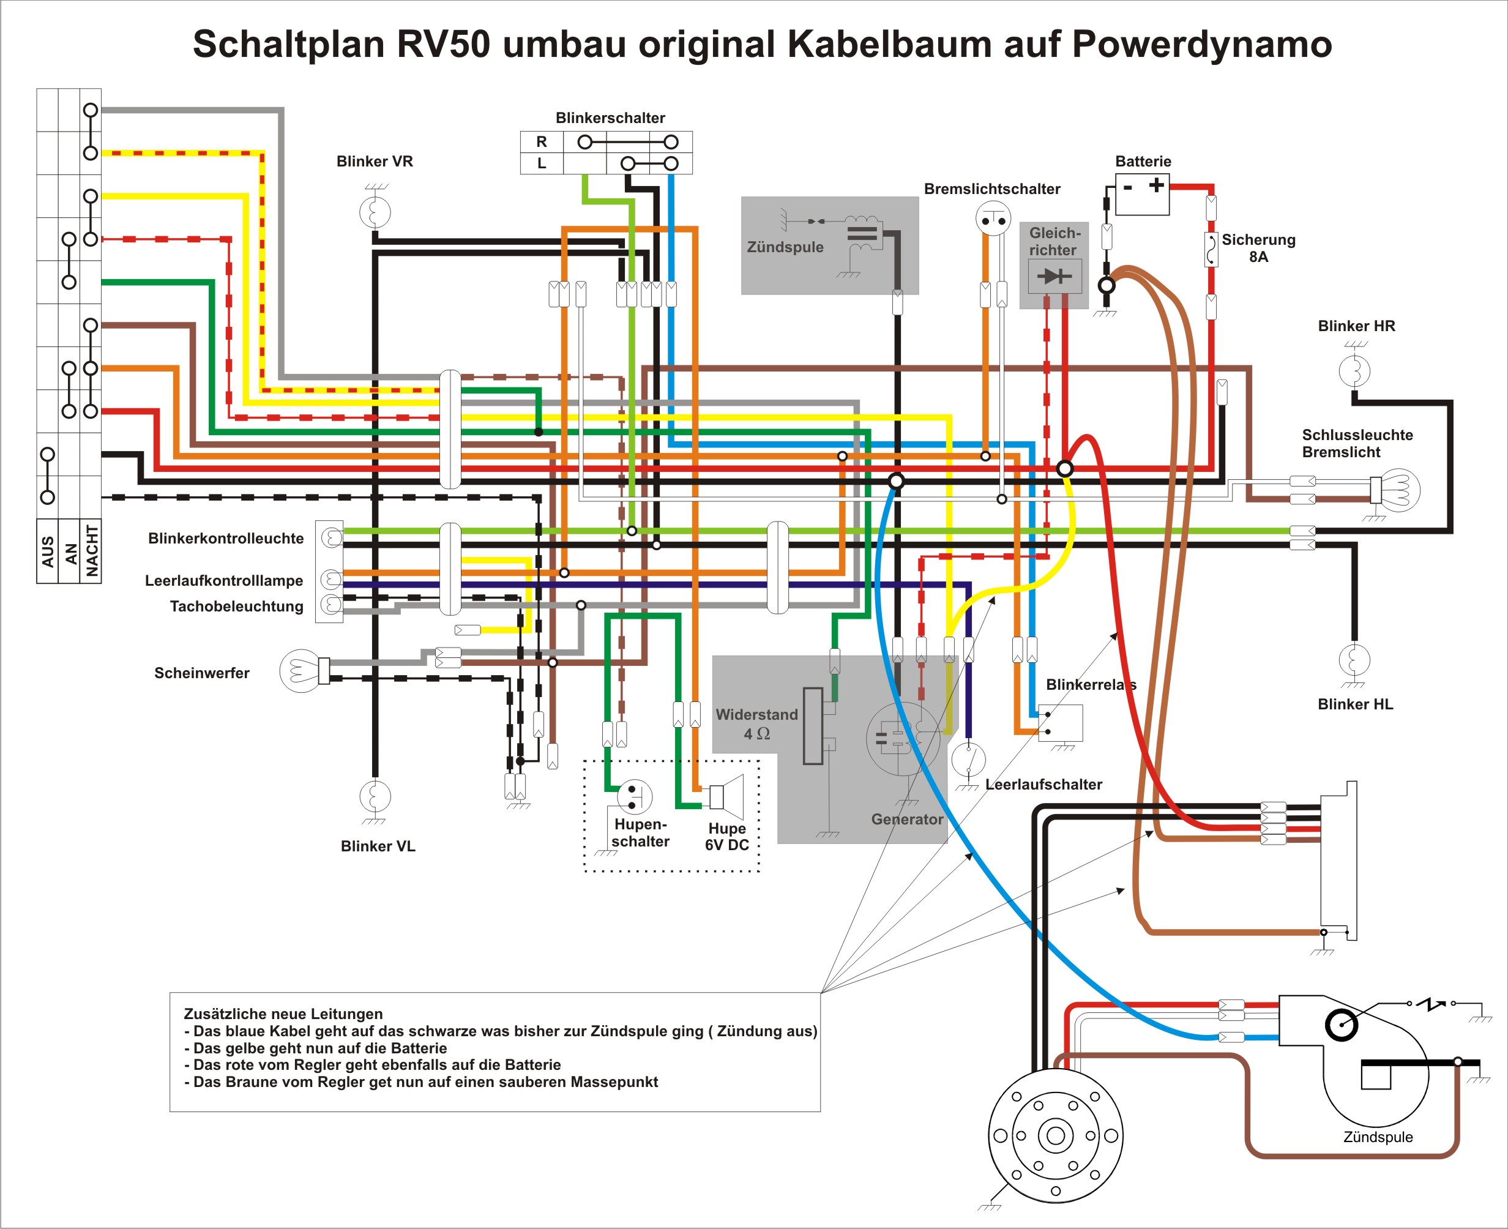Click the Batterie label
(x=1143, y=162)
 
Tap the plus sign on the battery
(x=1156, y=185)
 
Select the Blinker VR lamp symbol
(x=375, y=212)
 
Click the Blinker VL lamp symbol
(x=375, y=796)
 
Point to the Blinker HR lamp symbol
(x=1354, y=370)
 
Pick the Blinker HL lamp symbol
(x=1354, y=660)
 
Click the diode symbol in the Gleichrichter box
(x=1054, y=275)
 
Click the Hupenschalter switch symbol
(x=634, y=796)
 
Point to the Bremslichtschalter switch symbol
(x=993, y=218)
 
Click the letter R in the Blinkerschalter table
(x=542, y=141)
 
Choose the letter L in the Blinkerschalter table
(x=542, y=163)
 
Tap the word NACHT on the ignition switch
(x=91, y=550)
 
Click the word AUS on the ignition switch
(x=48, y=551)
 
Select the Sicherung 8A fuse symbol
(x=1211, y=249)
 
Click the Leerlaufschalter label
(x=1043, y=785)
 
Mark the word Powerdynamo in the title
(x=1201, y=44)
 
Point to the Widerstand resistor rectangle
(x=813, y=726)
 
